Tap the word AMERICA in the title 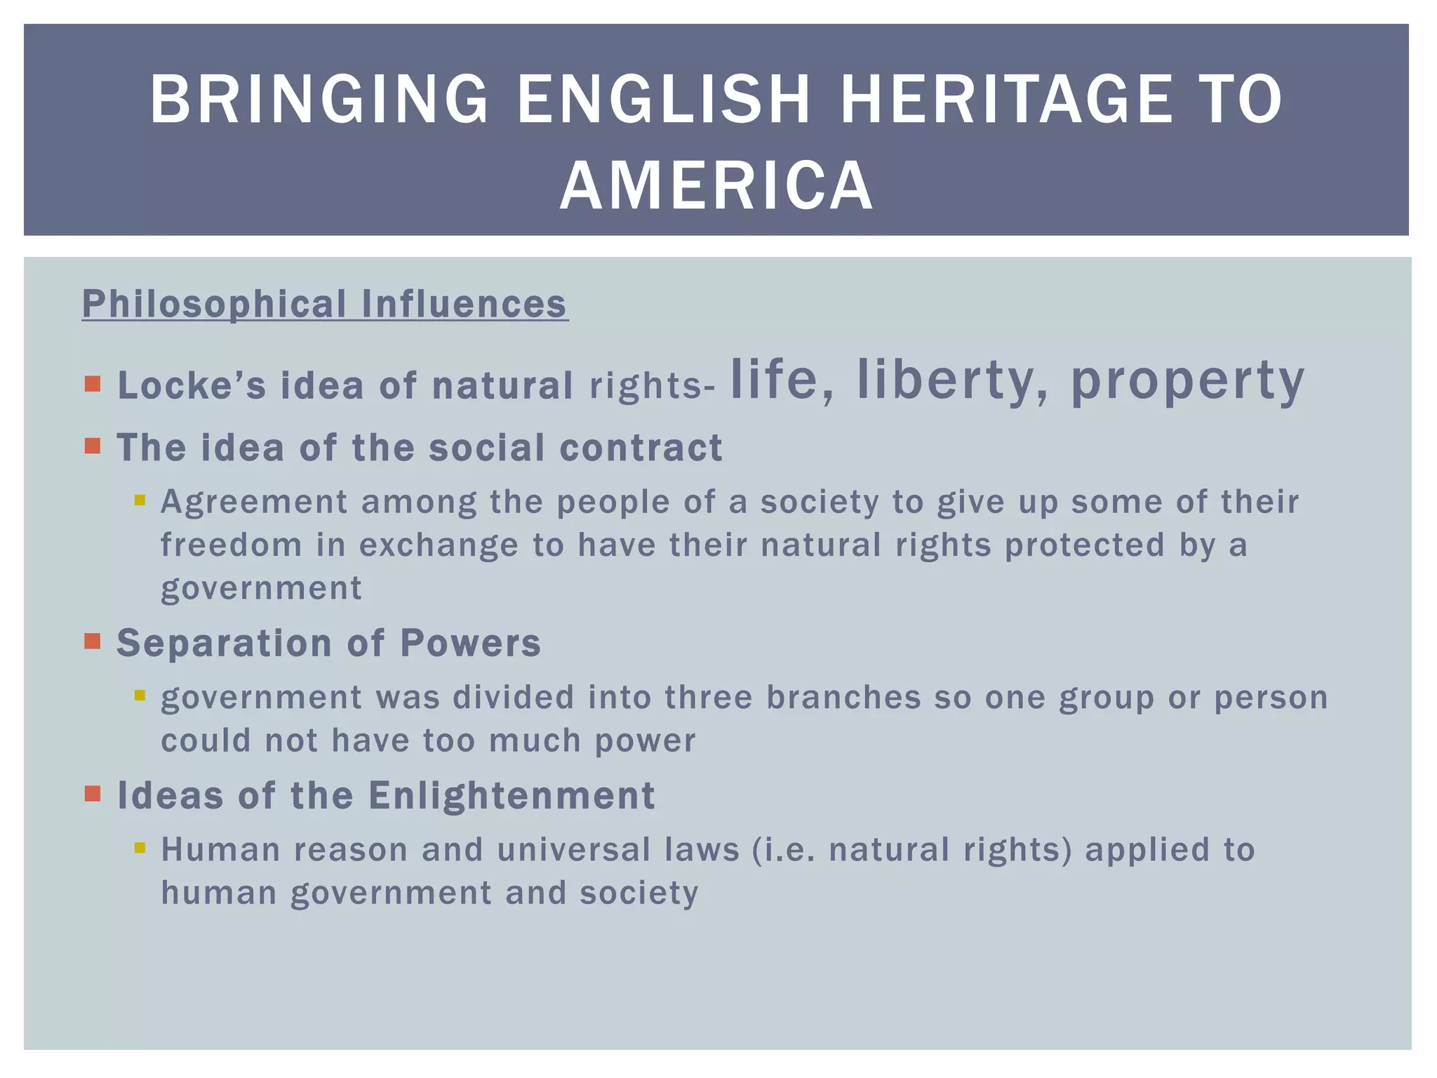click(x=716, y=185)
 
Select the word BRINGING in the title click(x=319, y=100)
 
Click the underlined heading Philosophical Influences click(x=324, y=304)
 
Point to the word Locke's click(x=192, y=385)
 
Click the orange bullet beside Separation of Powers click(x=93, y=641)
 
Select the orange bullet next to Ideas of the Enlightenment click(x=93, y=794)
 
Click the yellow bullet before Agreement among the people click(x=140, y=500)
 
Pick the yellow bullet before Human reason click(x=140, y=848)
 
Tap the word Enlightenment click(x=512, y=796)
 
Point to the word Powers click(x=470, y=643)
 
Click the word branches click(x=843, y=698)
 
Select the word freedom click(x=232, y=545)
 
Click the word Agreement click(x=254, y=503)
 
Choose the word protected click(x=1085, y=545)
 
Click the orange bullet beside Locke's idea click(x=93, y=384)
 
